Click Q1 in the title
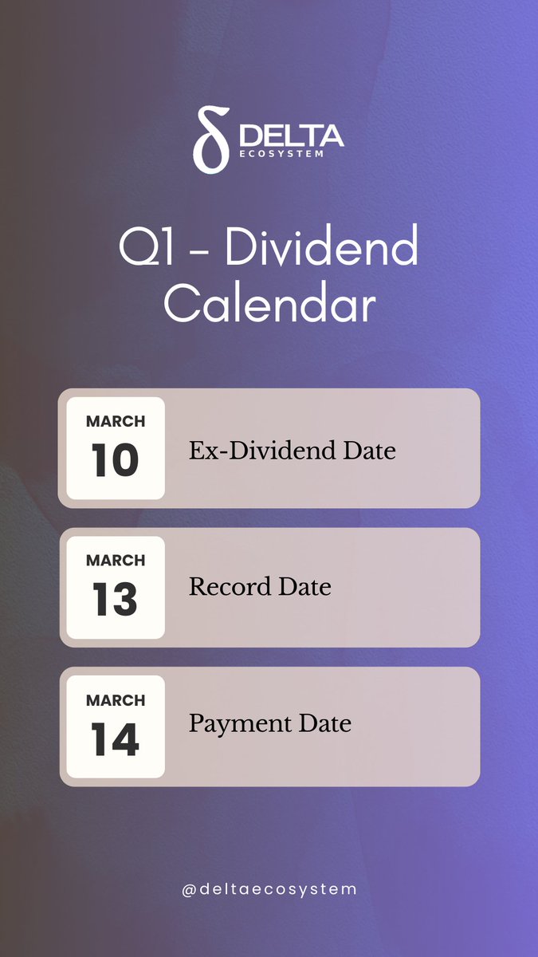(145, 248)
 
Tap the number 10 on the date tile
(115, 460)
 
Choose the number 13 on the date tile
(115, 600)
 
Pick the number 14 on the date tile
(115, 739)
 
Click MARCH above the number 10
(116, 421)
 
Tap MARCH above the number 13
(116, 561)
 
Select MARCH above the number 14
(116, 700)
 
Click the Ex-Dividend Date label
(292, 451)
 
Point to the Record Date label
(260, 588)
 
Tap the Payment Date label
(269, 724)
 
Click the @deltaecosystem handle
(269, 888)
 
